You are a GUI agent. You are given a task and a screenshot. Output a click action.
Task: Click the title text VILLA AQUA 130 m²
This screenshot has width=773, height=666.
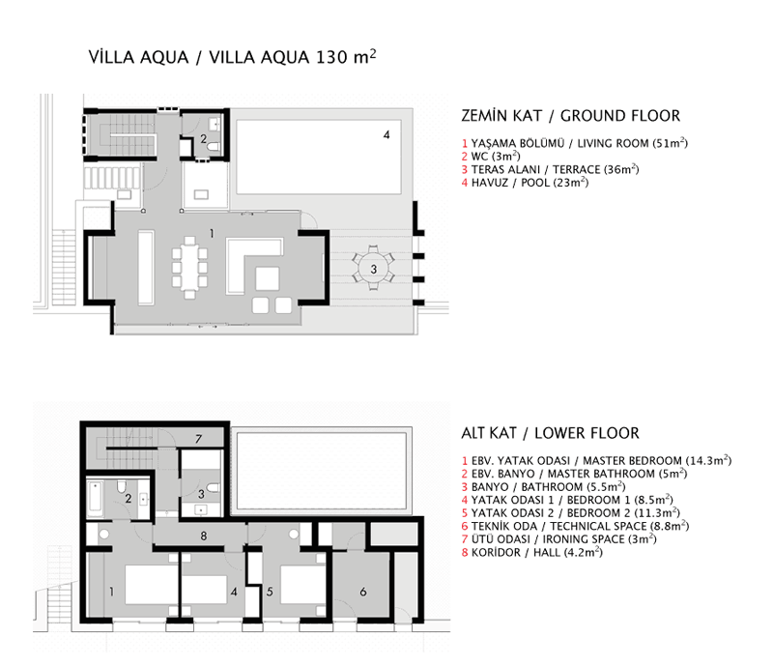tap(232, 57)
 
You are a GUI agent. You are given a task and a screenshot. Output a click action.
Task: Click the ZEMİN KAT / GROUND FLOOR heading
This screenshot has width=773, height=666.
tap(570, 116)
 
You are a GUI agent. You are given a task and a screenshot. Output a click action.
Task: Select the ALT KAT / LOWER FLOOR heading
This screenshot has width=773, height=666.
tap(550, 433)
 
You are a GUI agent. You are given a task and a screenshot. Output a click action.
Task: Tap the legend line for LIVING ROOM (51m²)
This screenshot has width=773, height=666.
tap(574, 143)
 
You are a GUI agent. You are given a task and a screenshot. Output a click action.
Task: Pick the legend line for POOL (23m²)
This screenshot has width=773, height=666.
tap(525, 183)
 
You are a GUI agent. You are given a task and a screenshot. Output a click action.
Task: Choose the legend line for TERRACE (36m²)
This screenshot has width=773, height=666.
tap(550, 169)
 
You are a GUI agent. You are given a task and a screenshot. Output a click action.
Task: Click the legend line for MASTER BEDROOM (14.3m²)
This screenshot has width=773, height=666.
tap(596, 460)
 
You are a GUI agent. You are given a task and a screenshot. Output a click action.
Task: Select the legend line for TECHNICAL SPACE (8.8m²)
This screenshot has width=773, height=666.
tap(575, 526)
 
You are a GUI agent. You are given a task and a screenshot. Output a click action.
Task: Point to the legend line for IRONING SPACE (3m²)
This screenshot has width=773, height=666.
tap(559, 539)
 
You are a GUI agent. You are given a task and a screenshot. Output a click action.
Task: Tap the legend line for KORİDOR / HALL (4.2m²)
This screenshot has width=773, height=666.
tap(532, 553)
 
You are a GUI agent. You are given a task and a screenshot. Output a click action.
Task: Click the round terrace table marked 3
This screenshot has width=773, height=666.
tap(374, 269)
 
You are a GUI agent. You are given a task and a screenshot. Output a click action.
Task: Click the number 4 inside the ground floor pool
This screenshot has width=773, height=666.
tap(386, 134)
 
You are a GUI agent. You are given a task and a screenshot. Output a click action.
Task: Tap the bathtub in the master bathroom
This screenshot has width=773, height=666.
tap(95, 498)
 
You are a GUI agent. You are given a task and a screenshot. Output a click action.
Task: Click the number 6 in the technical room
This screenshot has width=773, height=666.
tap(363, 592)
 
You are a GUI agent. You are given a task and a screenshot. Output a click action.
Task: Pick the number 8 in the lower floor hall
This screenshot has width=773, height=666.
tap(204, 536)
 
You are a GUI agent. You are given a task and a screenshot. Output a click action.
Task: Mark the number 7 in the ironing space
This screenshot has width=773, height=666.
tap(198, 439)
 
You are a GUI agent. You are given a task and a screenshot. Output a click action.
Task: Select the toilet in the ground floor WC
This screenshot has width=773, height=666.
tap(214, 147)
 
